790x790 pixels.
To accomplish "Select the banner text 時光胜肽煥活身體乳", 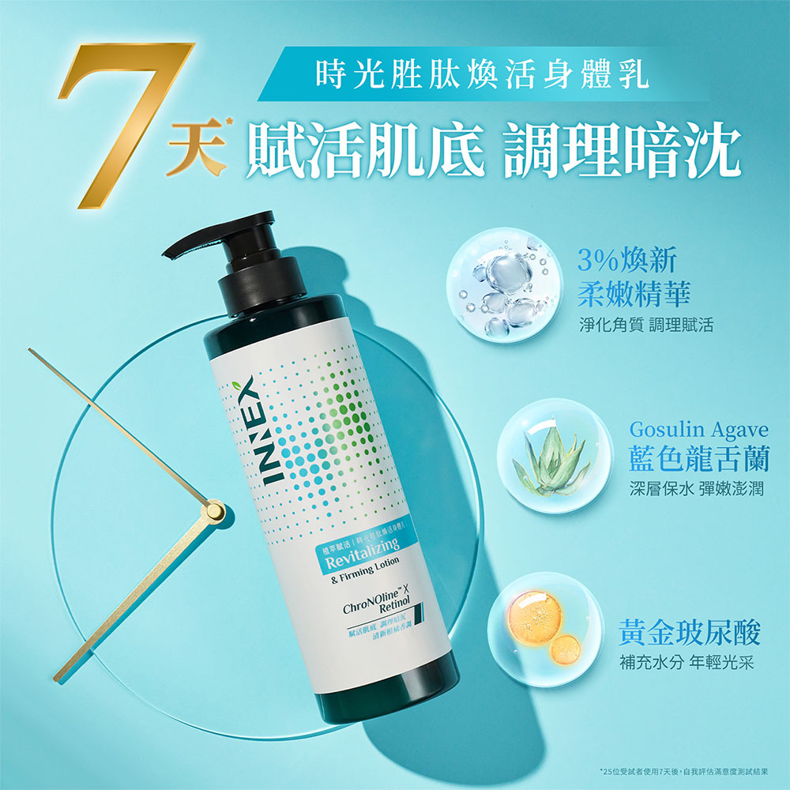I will [x=481, y=77].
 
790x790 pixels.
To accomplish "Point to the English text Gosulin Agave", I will [x=698, y=431].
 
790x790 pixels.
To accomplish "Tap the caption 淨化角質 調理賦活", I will [x=645, y=325].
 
